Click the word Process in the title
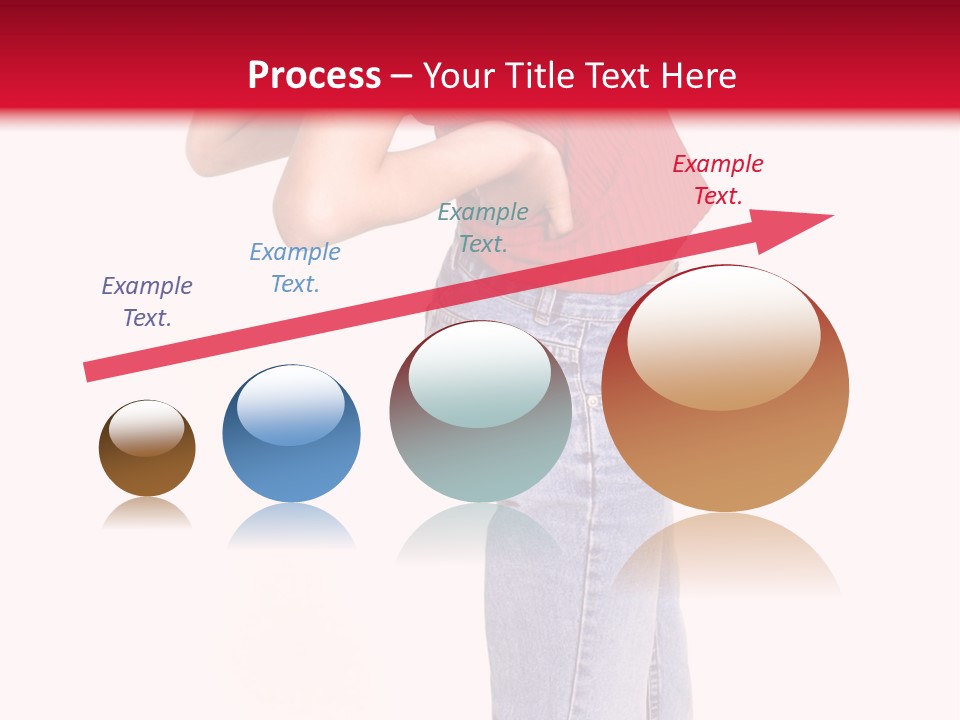[314, 76]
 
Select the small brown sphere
[147, 450]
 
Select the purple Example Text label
[147, 302]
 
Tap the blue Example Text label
[295, 268]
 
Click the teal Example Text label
[483, 228]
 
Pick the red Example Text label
[718, 180]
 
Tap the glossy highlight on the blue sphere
[290, 403]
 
